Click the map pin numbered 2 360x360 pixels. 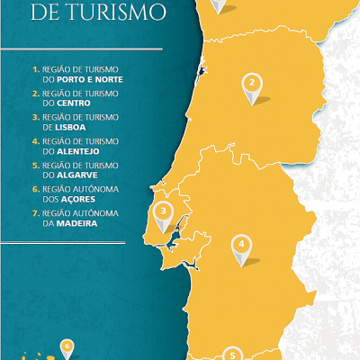click(252, 85)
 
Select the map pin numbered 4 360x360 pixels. click(241, 245)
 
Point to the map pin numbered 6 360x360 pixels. click(67, 346)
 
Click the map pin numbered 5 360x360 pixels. click(232, 355)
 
